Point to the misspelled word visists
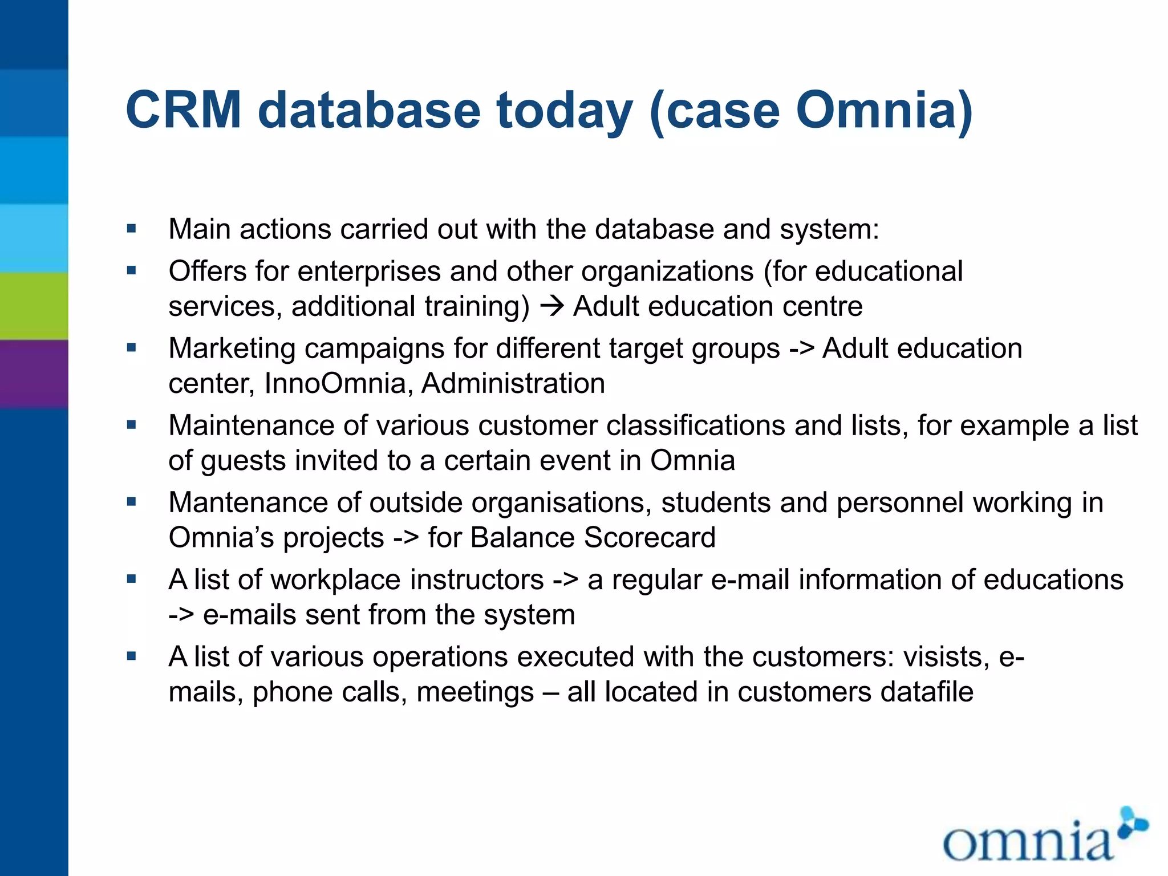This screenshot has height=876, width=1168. [x=946, y=657]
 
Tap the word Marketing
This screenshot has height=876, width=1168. [x=232, y=348]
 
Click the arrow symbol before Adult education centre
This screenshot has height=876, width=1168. [x=551, y=307]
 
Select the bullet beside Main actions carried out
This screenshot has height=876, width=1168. [x=132, y=229]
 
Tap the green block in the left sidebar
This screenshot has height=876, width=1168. [x=34, y=306]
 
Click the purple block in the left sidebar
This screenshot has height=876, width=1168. [x=34, y=374]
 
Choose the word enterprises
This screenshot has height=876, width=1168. [x=368, y=271]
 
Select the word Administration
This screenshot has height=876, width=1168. [x=513, y=383]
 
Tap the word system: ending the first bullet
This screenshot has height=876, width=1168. [x=829, y=229]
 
